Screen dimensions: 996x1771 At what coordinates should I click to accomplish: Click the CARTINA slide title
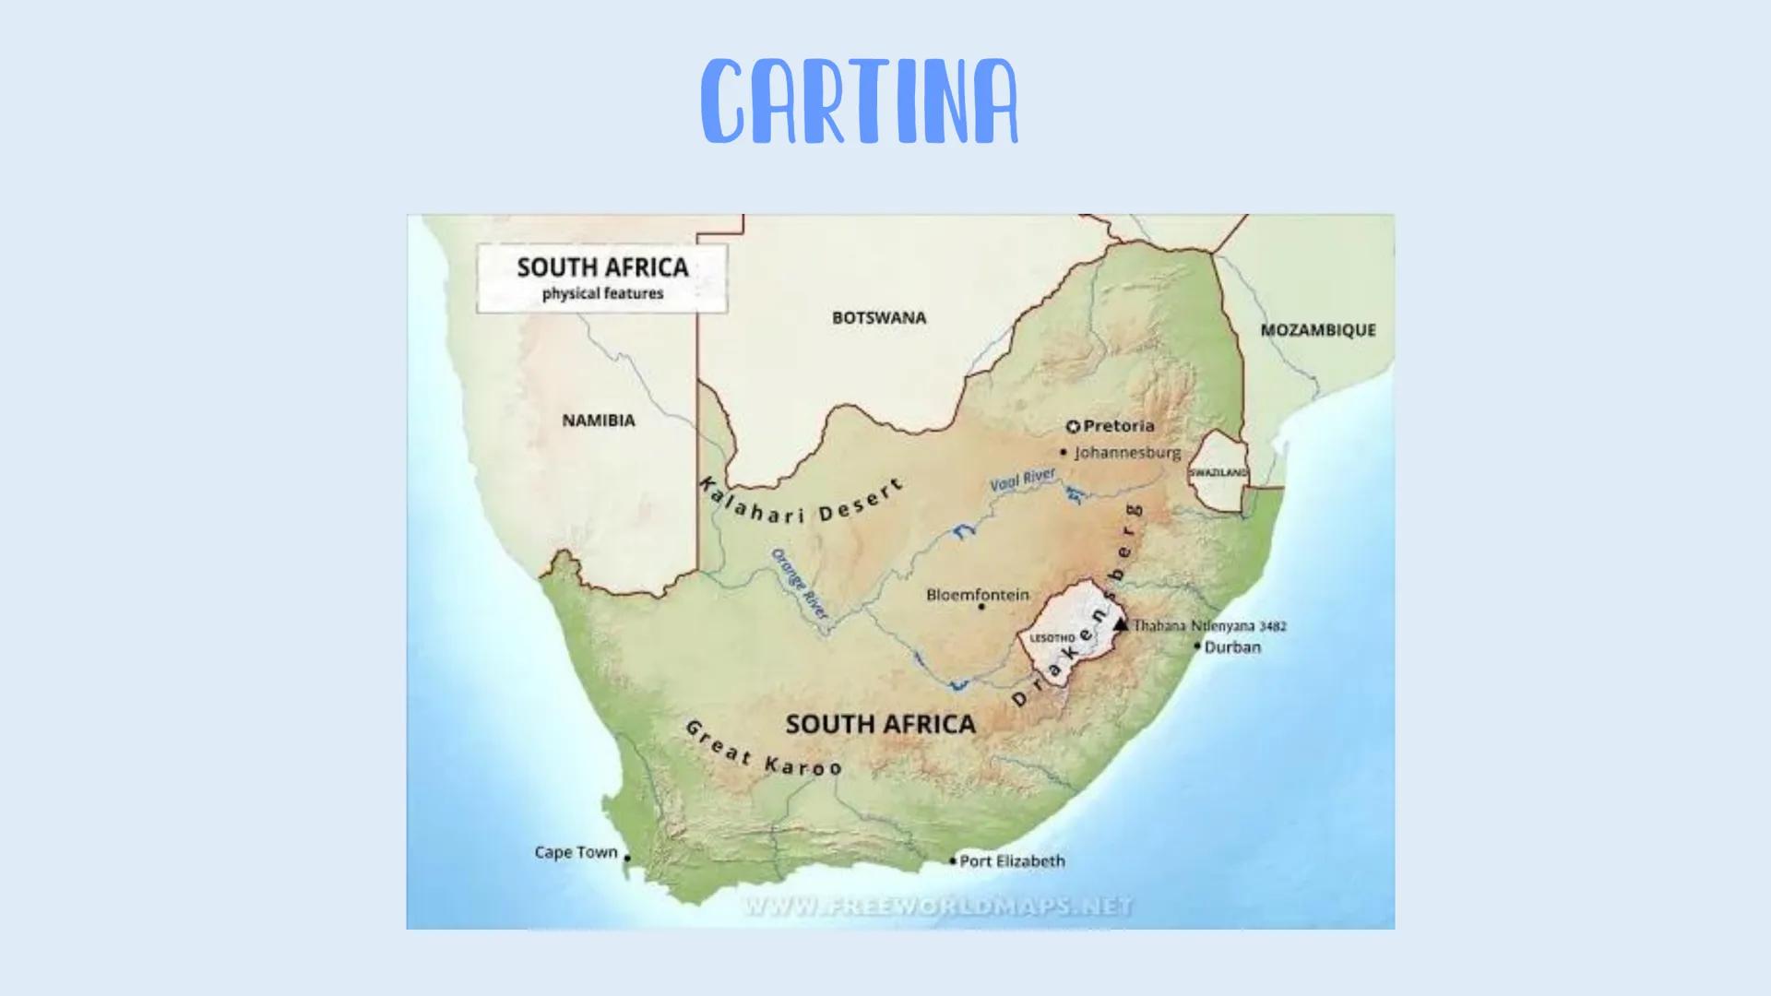859,101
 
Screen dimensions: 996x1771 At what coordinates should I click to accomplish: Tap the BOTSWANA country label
879,318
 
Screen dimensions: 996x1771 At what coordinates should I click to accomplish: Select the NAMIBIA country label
599,421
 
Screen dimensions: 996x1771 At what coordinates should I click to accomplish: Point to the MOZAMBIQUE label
1318,330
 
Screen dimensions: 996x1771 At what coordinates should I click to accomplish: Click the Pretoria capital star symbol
1073,427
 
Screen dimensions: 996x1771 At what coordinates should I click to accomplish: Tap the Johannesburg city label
1127,453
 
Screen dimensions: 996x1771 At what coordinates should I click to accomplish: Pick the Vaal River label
1023,480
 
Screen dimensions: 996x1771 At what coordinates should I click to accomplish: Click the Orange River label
800,584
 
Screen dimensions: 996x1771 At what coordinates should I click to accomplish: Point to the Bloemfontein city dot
981,607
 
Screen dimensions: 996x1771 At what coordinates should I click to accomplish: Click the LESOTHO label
1052,638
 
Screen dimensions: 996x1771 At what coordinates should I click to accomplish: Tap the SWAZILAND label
1218,472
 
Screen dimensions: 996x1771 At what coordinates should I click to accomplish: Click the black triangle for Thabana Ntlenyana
1121,624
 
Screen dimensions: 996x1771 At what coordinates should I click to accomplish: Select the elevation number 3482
1273,626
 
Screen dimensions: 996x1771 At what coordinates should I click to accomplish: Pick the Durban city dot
1197,646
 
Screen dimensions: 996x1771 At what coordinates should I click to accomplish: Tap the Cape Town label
576,852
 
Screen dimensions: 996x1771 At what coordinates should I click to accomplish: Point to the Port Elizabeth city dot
953,861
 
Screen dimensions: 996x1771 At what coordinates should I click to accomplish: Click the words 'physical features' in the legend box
602,294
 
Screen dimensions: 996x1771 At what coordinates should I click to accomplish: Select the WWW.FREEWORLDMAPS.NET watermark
937,907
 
